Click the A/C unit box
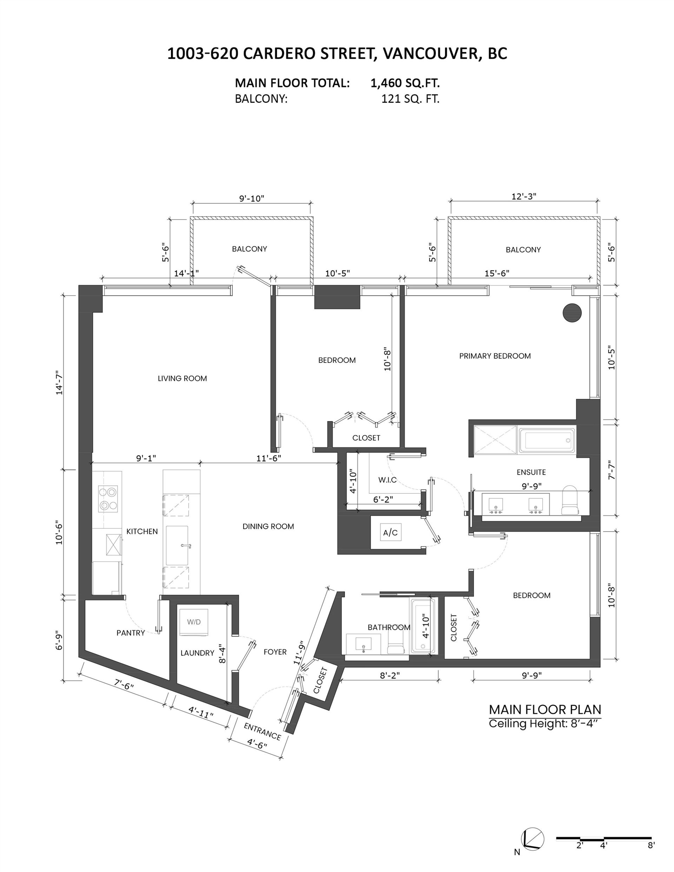[390, 532]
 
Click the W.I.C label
[387, 480]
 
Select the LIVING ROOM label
[182, 379]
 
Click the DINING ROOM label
[268, 527]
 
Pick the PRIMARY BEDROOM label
[495, 356]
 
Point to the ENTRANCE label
[263, 731]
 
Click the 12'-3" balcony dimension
[524, 197]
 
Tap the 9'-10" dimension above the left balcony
[252, 198]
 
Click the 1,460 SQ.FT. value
[405, 83]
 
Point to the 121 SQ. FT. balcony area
[410, 99]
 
